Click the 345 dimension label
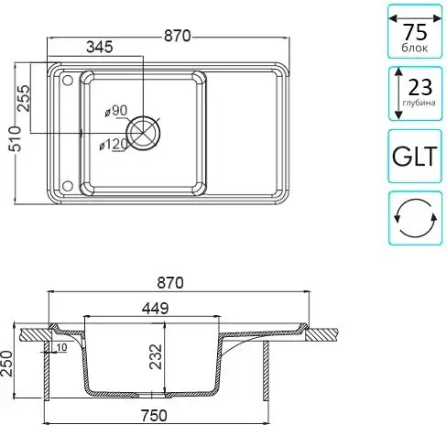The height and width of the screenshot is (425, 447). [100, 47]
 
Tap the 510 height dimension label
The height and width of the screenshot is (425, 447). [16, 138]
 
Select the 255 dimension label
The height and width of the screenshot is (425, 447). [24, 98]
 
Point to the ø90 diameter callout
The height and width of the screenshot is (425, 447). [115, 111]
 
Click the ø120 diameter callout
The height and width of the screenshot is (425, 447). [114, 145]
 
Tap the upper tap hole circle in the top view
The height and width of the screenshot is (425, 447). [68, 81]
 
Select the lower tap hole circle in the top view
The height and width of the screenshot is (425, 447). [68, 186]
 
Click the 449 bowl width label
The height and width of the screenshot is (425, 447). [155, 309]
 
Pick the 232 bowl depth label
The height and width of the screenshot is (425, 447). [156, 356]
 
